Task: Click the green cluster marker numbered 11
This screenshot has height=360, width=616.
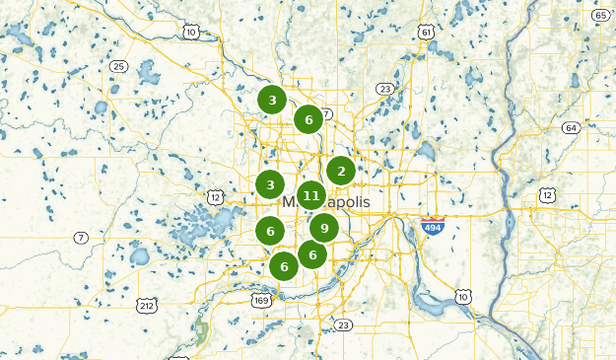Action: pos(311,195)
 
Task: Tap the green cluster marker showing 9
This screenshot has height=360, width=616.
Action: pos(324,228)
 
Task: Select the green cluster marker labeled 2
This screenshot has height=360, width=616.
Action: pos(341,171)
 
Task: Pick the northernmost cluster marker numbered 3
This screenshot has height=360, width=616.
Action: pos(272,99)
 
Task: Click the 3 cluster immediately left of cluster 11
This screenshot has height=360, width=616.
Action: pos(270,184)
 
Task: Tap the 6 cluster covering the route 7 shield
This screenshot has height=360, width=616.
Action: pos(308,119)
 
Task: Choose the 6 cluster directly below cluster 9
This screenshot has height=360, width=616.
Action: pos(312,254)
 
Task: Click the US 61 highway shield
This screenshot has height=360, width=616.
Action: pos(426,33)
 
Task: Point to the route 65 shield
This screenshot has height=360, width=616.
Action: pos(600,16)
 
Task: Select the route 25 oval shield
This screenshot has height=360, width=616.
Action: pos(118,66)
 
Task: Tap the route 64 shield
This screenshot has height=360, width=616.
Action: pos(571,128)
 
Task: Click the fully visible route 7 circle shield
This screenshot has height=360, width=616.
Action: pos(81,238)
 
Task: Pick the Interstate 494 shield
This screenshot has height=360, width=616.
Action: pos(432,227)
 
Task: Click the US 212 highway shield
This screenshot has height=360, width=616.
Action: pos(146,306)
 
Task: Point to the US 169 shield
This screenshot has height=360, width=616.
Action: pos(261,299)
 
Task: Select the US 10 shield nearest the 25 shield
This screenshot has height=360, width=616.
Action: pos(190,33)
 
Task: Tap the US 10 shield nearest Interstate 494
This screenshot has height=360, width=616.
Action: pos(463,297)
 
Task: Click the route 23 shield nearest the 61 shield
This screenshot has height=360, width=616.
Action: pos(384,89)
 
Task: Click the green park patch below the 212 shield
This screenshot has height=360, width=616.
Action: pos(201,332)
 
